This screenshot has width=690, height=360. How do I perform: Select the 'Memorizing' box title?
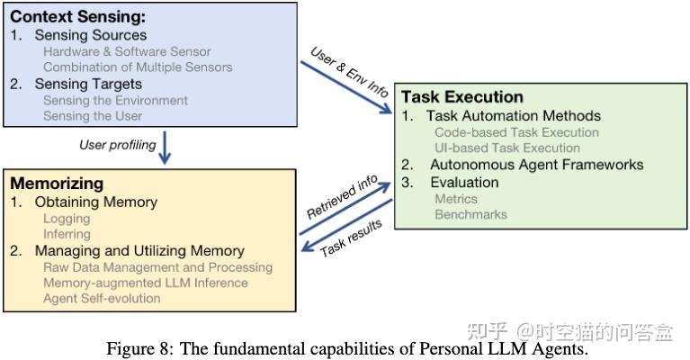tap(53, 184)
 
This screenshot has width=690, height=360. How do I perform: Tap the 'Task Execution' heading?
tap(461, 96)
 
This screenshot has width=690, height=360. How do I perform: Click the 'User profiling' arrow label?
tap(117, 144)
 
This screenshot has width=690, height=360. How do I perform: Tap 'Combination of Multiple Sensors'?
tap(138, 67)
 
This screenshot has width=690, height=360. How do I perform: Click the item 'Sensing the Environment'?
tap(115, 100)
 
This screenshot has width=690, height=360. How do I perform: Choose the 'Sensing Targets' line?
tap(90, 84)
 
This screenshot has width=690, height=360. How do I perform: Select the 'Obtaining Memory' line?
tap(95, 202)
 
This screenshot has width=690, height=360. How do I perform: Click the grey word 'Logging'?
tap(67, 218)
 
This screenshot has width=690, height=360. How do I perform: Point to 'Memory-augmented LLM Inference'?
tap(145, 283)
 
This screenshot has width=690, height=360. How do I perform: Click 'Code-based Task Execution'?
tap(516, 132)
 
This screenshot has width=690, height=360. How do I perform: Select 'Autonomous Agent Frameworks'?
tap(536, 165)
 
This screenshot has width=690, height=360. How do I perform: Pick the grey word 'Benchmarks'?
tap(470, 214)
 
